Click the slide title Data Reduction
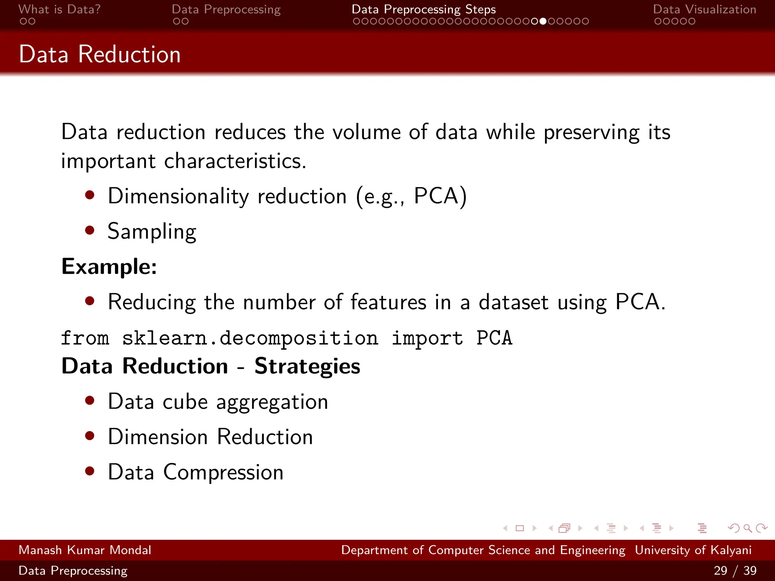100,54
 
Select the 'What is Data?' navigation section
59,9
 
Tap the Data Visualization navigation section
704,9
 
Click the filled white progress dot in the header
543,21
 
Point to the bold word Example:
109,267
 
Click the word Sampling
152,231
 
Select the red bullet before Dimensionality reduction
90,195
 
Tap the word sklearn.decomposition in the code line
250,338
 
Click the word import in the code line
427,338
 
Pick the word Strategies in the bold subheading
307,366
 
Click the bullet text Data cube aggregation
218,402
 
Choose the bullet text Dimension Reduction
210,437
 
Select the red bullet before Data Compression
90,471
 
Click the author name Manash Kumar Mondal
85,550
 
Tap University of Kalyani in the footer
693,550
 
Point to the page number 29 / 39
735,570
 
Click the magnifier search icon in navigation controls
747,528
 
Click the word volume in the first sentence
366,132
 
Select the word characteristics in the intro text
235,162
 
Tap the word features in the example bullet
388,302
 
